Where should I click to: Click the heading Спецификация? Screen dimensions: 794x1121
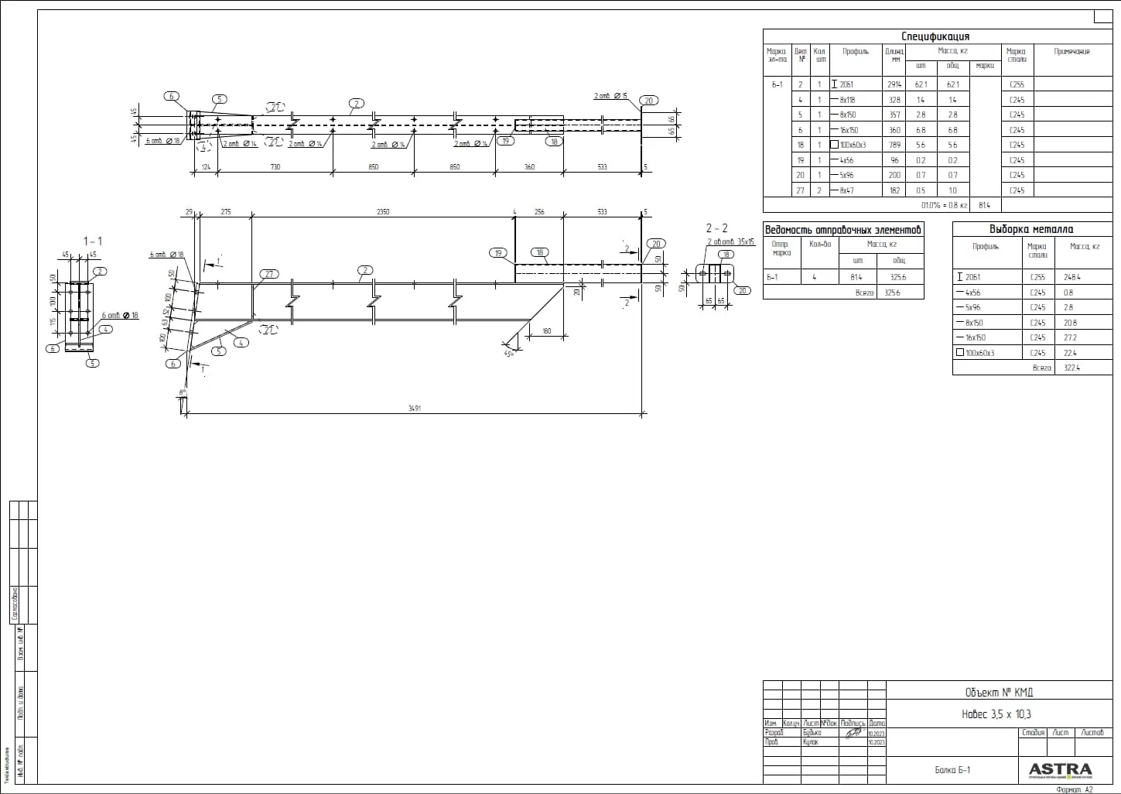tap(935, 36)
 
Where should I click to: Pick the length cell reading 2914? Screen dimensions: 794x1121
tap(894, 84)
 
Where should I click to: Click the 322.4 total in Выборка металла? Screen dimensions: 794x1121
tap(1071, 368)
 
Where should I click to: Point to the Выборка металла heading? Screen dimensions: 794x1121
tap(1030, 229)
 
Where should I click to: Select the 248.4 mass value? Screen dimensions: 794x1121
tap(1071, 277)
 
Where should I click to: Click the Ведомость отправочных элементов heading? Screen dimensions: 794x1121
tap(842, 230)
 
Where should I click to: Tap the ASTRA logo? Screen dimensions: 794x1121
tap(1060, 769)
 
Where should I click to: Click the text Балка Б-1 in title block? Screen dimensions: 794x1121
tap(952, 769)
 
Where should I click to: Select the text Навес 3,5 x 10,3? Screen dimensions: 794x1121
tap(996, 714)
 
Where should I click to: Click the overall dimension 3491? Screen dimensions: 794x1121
tap(415, 409)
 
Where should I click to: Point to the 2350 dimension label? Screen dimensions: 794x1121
tap(382, 212)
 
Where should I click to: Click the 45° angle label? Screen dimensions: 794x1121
tap(509, 354)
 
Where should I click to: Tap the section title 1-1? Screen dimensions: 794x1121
tap(93, 241)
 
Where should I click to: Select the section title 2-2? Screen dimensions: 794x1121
tap(716, 228)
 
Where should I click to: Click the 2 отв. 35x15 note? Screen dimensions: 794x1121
tap(730, 242)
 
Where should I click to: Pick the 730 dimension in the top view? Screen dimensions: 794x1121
tap(275, 167)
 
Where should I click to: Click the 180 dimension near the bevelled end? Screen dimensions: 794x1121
tap(546, 331)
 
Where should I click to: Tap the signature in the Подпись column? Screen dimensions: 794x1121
tap(853, 732)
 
